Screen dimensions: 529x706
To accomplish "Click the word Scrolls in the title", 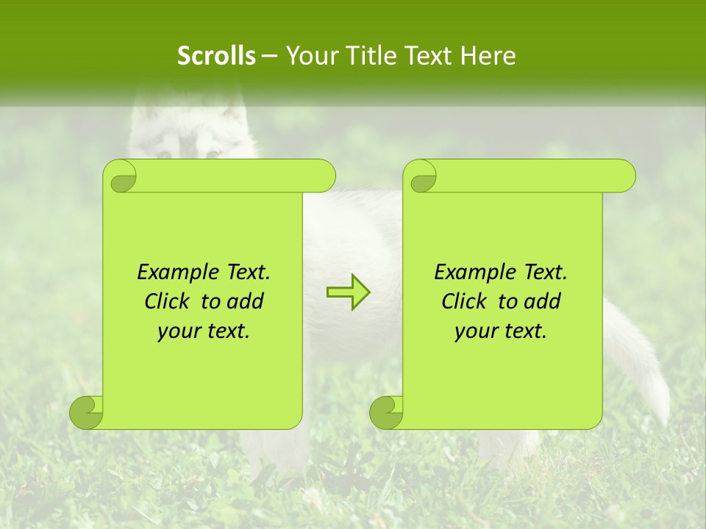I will pyautogui.click(x=217, y=56).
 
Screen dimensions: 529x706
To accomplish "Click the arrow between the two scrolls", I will pyautogui.click(x=348, y=292).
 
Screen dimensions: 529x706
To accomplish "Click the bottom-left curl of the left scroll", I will pyautogui.click(x=87, y=411).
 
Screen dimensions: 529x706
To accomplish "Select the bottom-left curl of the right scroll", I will pyautogui.click(x=387, y=411).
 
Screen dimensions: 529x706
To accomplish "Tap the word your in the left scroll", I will pyautogui.click(x=177, y=331).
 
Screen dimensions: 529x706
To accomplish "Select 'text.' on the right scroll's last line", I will pyautogui.click(x=525, y=331).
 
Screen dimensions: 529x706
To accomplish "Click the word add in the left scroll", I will pyautogui.click(x=246, y=301).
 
